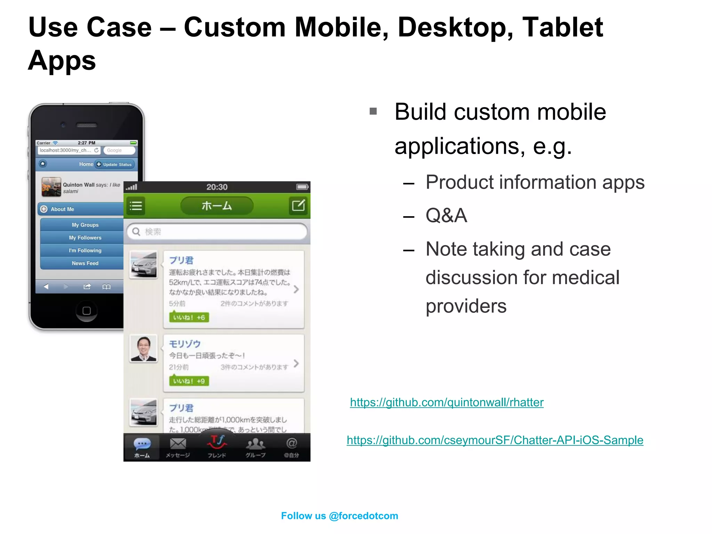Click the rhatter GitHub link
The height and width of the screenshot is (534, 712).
pyautogui.click(x=446, y=402)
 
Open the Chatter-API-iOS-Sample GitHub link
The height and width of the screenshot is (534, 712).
pyautogui.click(x=495, y=440)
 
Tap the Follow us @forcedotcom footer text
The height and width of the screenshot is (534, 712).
pyautogui.click(x=339, y=516)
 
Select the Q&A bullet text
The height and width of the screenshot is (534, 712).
pyautogui.click(x=446, y=215)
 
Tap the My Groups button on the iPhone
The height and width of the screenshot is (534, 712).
pyautogui.click(x=85, y=225)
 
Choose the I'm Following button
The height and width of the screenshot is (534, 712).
pyautogui.click(x=85, y=250)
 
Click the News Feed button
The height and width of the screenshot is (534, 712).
pyautogui.click(x=85, y=263)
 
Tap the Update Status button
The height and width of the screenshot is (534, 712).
pyautogui.click(x=114, y=164)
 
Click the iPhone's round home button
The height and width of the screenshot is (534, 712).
pyautogui.click(x=87, y=310)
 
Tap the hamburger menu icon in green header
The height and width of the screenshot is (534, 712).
pyautogui.click(x=136, y=206)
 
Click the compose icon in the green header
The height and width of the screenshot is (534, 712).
pyautogui.click(x=298, y=206)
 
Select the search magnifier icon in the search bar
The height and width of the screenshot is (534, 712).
pyautogui.click(x=136, y=232)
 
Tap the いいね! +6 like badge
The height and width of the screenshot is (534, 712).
pyautogui.click(x=189, y=317)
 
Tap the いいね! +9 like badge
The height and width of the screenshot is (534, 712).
pyautogui.click(x=189, y=381)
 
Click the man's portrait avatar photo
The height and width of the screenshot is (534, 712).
pyautogui.click(x=143, y=348)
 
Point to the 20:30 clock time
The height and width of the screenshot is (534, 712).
pyautogui.click(x=217, y=187)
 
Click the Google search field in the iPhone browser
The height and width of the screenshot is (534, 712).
pyautogui.click(x=119, y=150)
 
